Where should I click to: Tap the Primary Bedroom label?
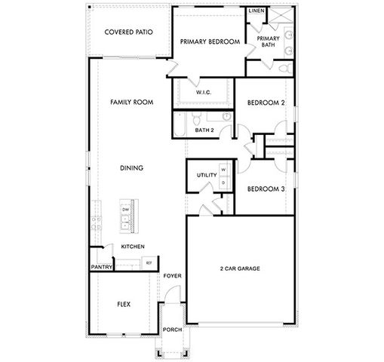click(x=208, y=42)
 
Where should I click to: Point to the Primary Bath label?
click(x=268, y=41)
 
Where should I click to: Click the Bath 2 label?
click(x=204, y=130)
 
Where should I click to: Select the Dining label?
click(x=132, y=167)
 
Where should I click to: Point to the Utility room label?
click(x=206, y=175)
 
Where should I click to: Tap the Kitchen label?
click(x=132, y=247)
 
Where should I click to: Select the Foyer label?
click(x=173, y=277)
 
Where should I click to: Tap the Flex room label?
click(x=124, y=305)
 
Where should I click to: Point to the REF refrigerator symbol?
click(x=148, y=262)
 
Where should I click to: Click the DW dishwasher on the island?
click(x=125, y=209)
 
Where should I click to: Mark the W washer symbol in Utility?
click(x=223, y=170)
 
